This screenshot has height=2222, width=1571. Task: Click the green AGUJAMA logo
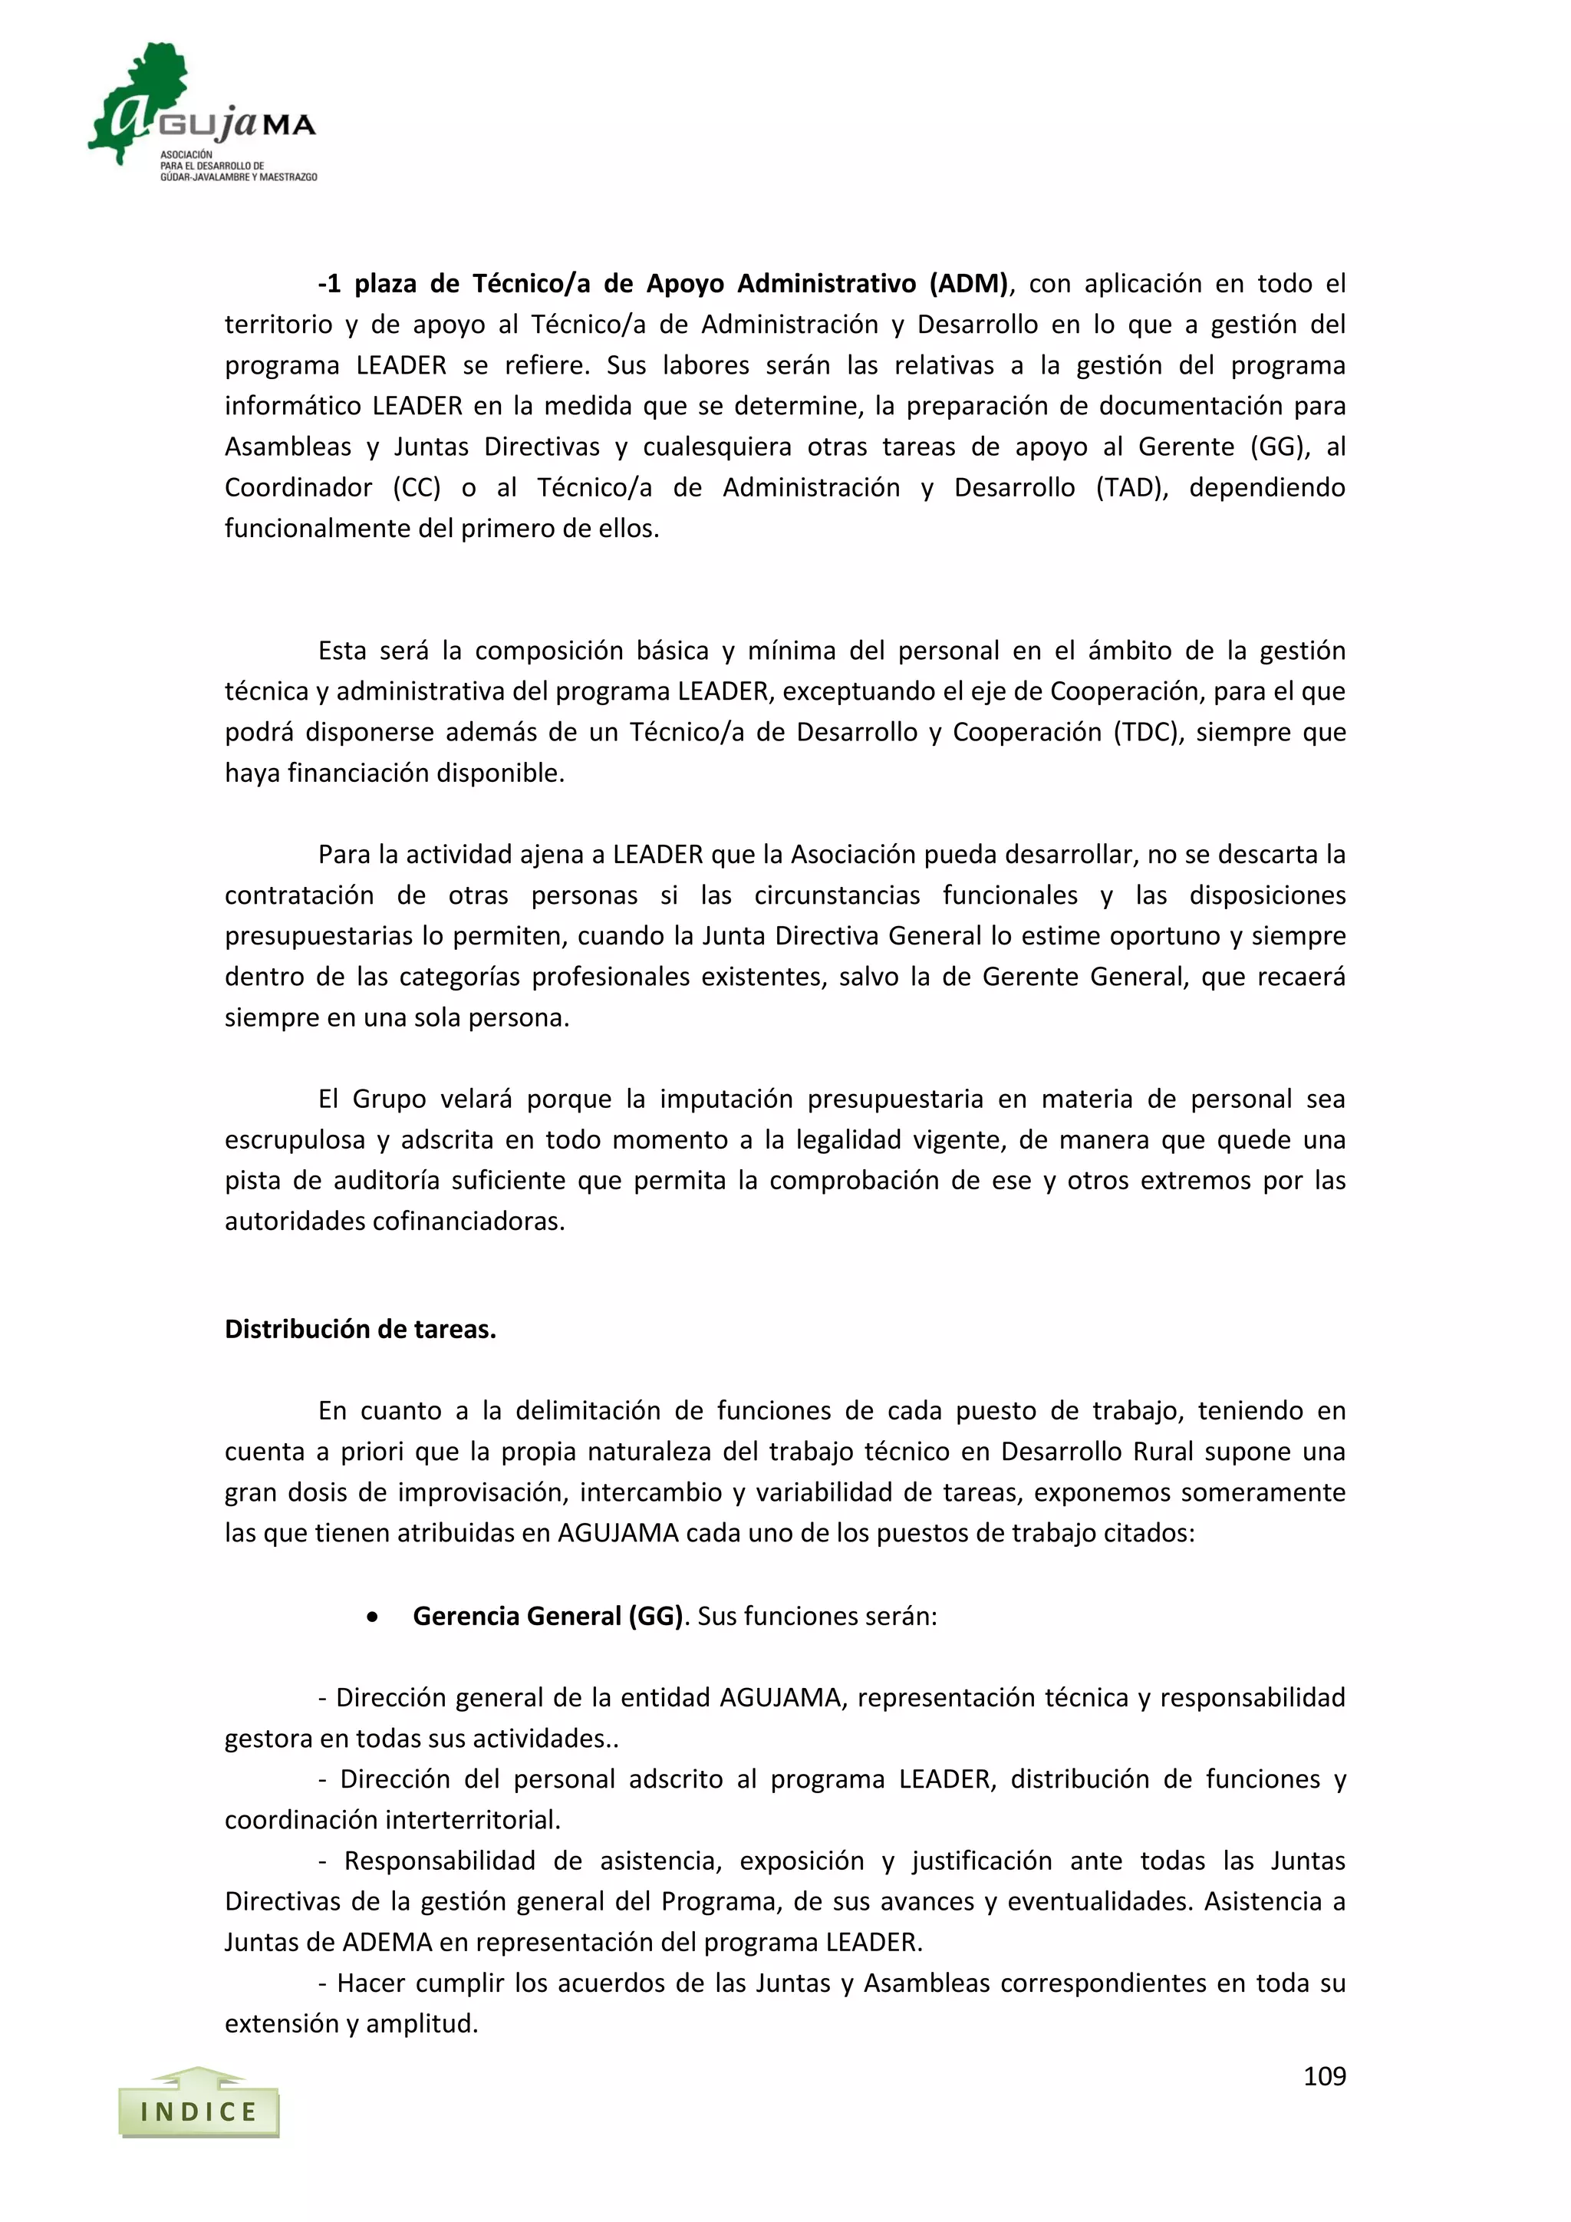point(201,111)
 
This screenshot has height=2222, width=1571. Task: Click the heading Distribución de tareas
point(360,1329)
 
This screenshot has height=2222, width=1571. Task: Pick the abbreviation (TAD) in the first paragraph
point(1131,488)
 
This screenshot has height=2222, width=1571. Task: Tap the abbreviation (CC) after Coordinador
point(417,488)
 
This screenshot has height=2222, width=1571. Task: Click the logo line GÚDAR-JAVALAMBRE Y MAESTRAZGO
point(238,177)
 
